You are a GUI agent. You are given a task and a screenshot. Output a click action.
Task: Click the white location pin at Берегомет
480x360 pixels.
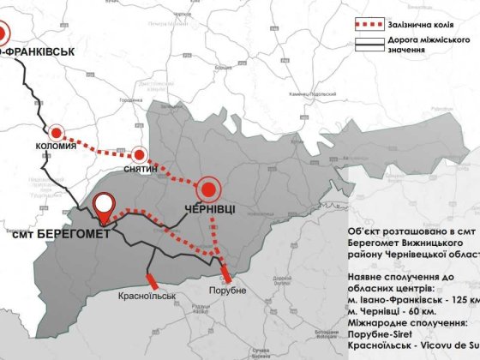pyautogui.click(x=105, y=206)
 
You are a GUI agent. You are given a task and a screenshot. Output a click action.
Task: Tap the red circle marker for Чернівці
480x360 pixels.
pyautogui.click(x=209, y=189)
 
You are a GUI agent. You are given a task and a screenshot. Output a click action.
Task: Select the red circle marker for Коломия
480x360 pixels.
pyautogui.click(x=57, y=133)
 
